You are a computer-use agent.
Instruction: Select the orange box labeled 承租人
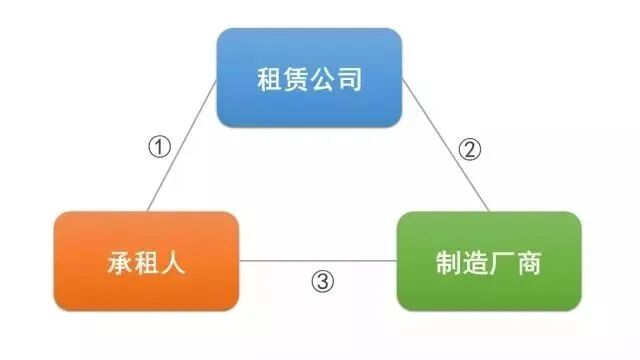coord(147,261)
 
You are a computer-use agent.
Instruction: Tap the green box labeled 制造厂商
coord(489,261)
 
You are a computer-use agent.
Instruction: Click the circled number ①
coord(160,146)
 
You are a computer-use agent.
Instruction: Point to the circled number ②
coord(470,150)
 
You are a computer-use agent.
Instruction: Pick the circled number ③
coord(320,282)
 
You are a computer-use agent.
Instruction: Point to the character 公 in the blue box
coord(323,79)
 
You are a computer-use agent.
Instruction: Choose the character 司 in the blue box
coord(350,79)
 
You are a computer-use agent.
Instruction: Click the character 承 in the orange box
coord(120,263)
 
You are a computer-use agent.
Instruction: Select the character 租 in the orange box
coord(147,263)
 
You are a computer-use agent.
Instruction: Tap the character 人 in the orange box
coord(174,263)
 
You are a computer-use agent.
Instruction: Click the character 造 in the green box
coord(476,263)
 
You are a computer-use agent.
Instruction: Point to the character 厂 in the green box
coord(503,263)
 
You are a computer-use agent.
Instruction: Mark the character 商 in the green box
coord(530,263)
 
